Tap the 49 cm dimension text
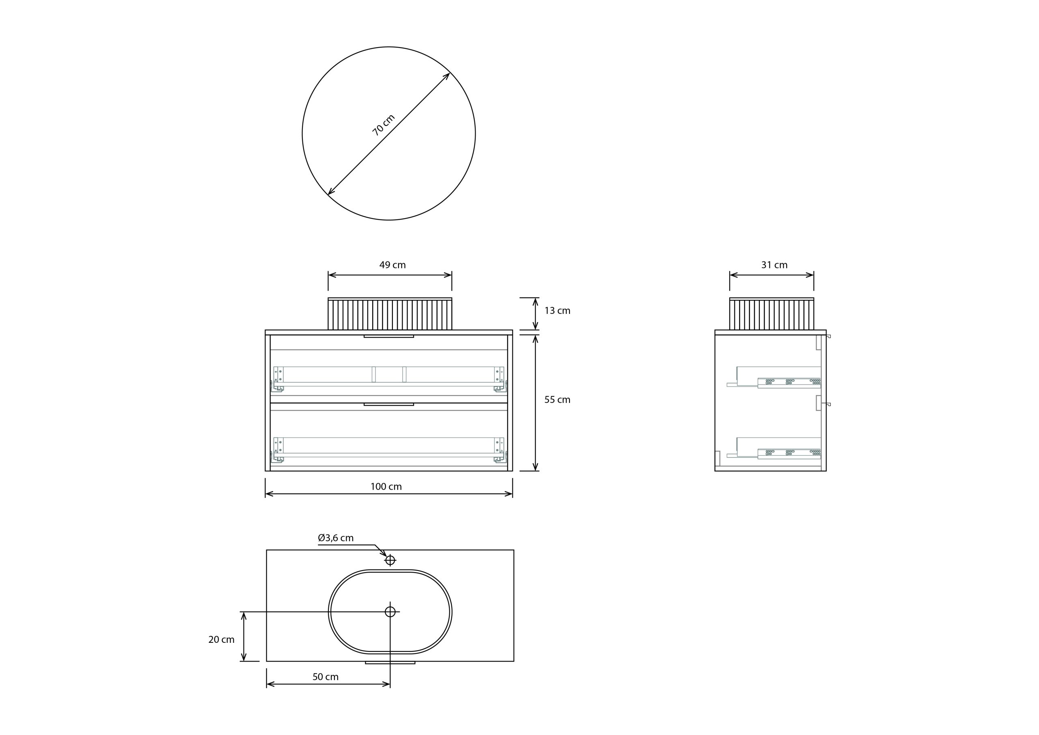point(392,265)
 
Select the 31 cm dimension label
point(774,265)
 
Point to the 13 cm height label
point(557,311)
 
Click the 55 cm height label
point(557,400)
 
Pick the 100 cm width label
point(386,487)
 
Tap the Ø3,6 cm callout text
point(336,538)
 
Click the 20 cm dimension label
point(221,640)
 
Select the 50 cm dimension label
point(325,677)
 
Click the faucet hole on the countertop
point(390,560)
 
